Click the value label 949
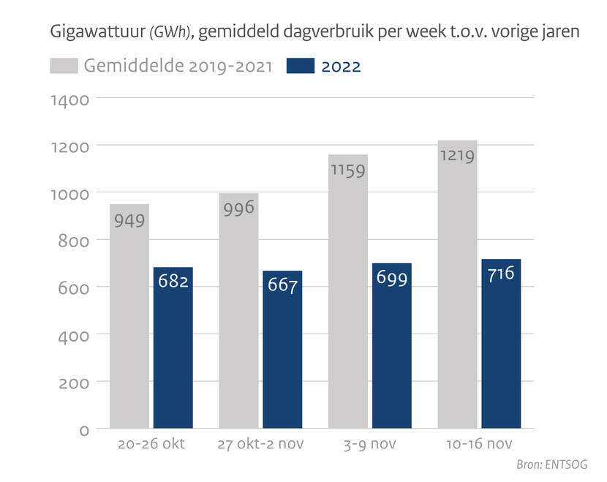129,220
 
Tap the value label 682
173,280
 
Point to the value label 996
239,208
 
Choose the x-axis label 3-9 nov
370,445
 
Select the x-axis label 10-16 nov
479,445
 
